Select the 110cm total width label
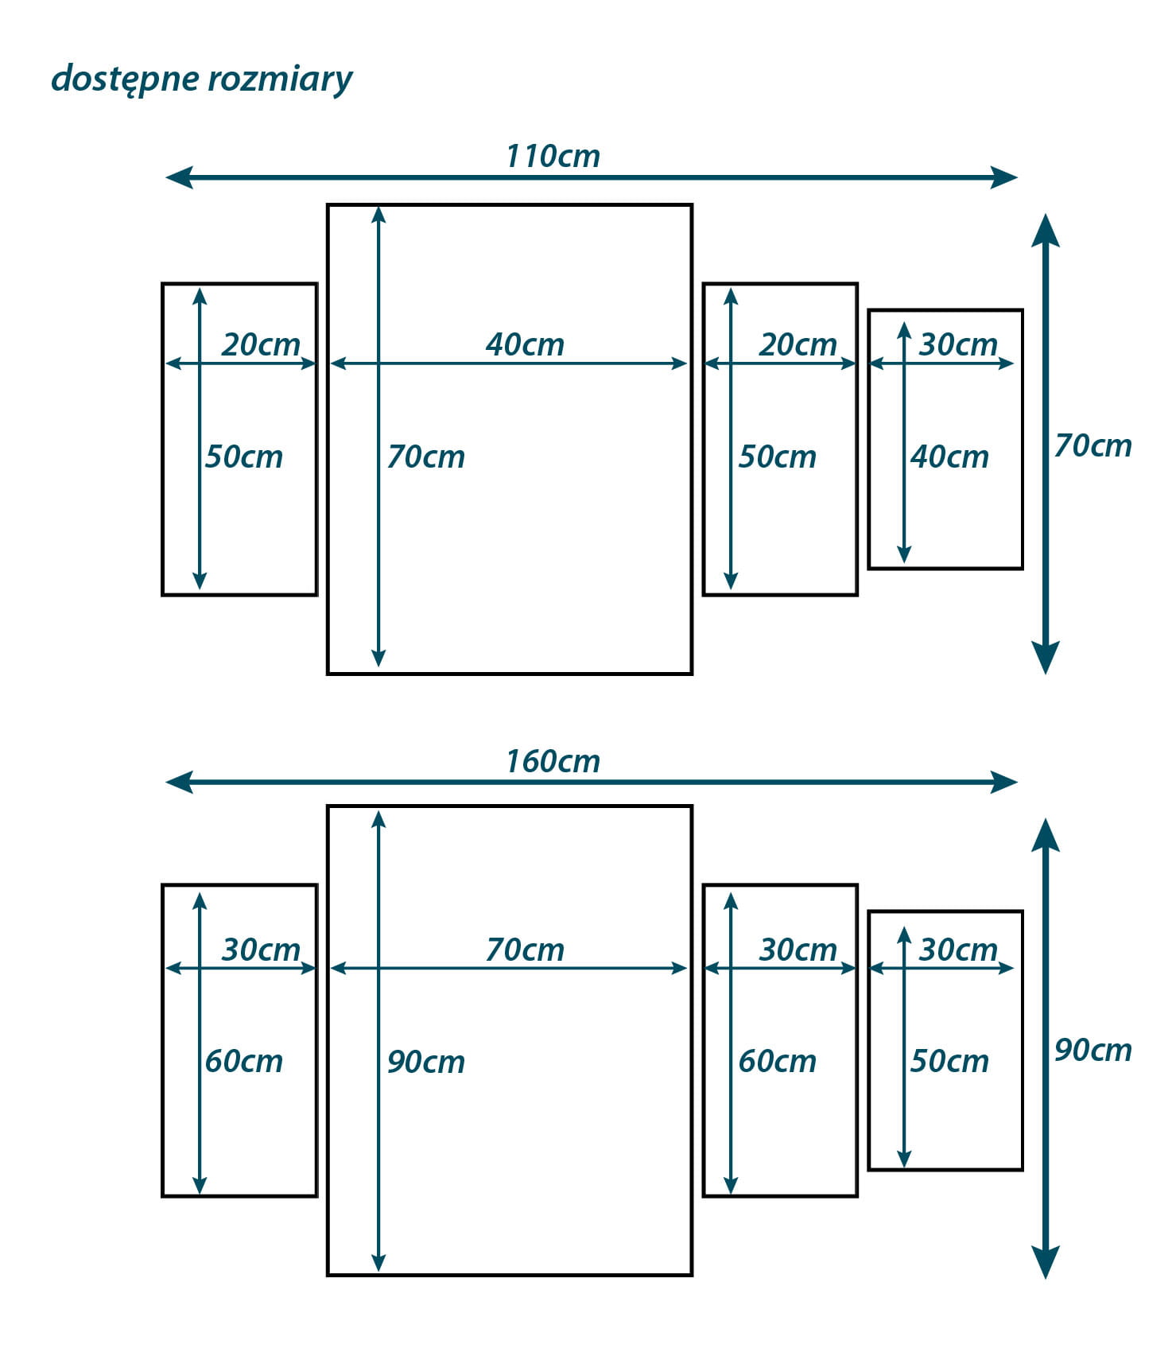pyautogui.click(x=553, y=156)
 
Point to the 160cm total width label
pyautogui.click(x=553, y=761)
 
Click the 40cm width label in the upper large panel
pyautogui.click(x=525, y=344)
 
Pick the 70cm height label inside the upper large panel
pyautogui.click(x=425, y=457)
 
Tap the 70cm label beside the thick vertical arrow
pyautogui.click(x=1093, y=445)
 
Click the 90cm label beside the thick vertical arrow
pyautogui.click(x=1093, y=1050)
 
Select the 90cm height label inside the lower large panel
pyautogui.click(x=425, y=1062)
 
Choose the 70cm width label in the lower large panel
pyautogui.click(x=525, y=950)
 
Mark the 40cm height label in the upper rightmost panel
pyautogui.click(x=949, y=457)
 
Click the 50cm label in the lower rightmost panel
pyautogui.click(x=949, y=1061)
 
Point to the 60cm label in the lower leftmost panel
pyautogui.click(x=243, y=1061)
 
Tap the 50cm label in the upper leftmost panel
pyautogui.click(x=243, y=457)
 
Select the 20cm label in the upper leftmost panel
pyautogui.click(x=261, y=344)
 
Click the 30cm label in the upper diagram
pyautogui.click(x=957, y=344)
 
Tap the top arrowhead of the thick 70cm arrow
pyautogui.click(x=1045, y=229)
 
